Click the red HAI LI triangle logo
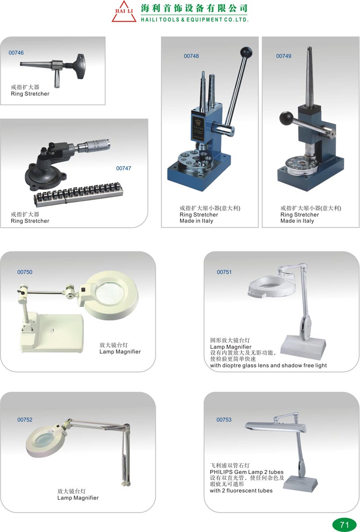tap(124, 12)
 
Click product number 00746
tap(16, 53)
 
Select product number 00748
tap(191, 56)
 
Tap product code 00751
tap(224, 272)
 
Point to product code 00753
tap(224, 419)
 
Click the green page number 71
tap(345, 525)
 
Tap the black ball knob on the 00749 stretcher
tap(286, 118)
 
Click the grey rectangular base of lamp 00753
tap(301, 483)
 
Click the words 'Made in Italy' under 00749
tap(297, 221)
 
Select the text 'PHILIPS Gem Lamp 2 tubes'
tap(247, 472)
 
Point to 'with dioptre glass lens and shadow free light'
tap(268, 366)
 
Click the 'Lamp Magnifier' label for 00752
tap(78, 498)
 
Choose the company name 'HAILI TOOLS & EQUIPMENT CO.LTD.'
tap(195, 20)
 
